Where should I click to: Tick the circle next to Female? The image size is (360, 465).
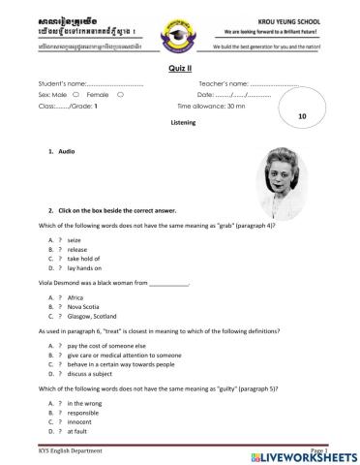coord(119,95)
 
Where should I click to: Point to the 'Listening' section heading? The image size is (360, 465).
coord(182,124)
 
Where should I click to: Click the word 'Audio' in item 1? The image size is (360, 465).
coord(67,153)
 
